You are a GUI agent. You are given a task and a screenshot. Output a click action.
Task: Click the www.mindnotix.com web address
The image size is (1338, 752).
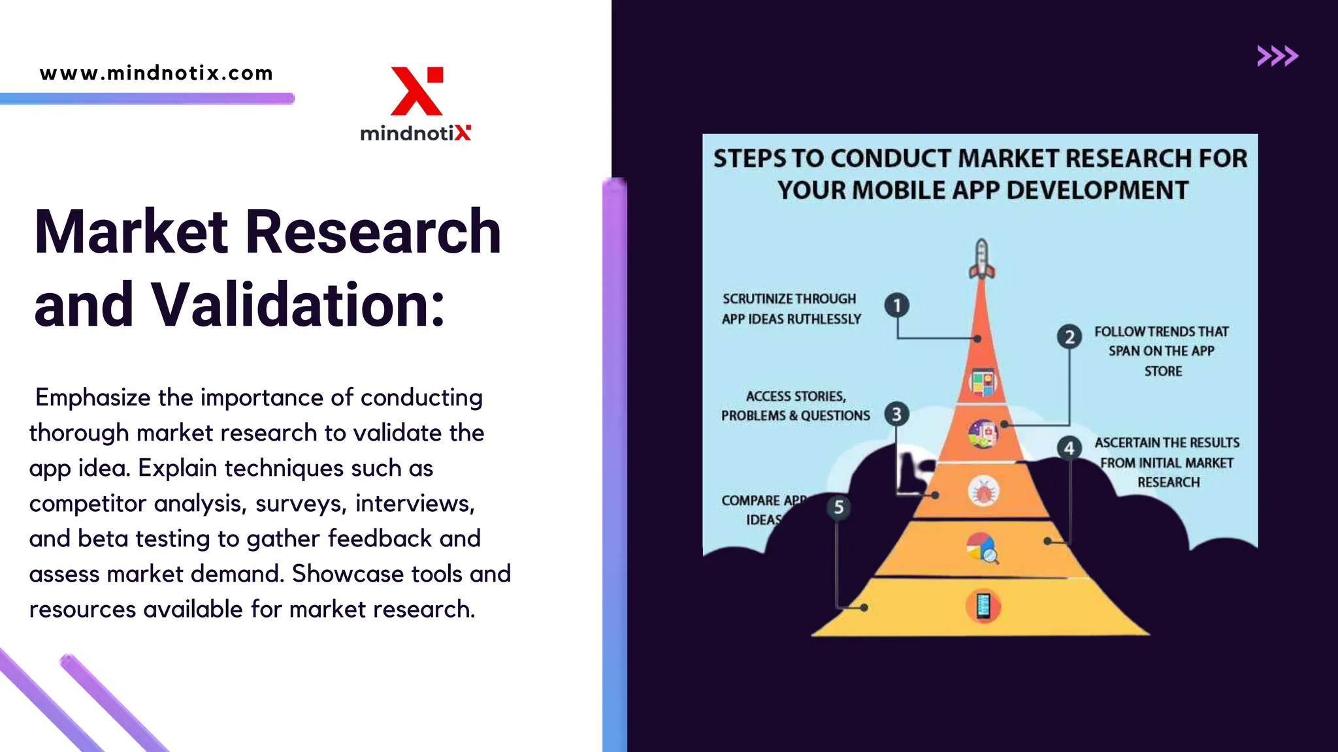pos(156,73)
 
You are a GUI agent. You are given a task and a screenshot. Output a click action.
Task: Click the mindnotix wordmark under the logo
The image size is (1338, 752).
pos(416,133)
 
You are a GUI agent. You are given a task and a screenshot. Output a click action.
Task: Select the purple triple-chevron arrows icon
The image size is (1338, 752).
pos(1277,56)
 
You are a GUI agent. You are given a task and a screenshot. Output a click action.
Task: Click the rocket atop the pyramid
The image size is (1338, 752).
pos(981,259)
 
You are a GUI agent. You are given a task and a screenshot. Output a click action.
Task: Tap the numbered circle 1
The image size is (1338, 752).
pos(897,305)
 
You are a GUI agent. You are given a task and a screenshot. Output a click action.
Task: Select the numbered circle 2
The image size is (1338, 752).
pos(1069,337)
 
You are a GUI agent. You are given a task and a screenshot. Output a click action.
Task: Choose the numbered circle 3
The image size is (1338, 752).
pos(896,414)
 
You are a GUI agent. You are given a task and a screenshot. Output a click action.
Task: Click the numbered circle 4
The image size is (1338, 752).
pos(1069,448)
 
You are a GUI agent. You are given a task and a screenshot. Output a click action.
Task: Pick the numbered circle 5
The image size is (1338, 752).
pos(839,507)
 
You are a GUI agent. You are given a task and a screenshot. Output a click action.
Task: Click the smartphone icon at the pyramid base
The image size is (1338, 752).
pos(983,606)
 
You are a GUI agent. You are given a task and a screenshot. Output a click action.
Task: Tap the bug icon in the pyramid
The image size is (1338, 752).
pos(983,491)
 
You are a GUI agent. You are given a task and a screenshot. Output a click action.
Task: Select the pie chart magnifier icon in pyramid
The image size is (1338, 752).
pos(983,548)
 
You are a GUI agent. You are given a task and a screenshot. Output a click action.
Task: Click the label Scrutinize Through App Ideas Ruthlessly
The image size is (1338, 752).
pos(791,309)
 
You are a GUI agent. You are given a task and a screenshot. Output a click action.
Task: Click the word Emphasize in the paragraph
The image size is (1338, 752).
pos(93,398)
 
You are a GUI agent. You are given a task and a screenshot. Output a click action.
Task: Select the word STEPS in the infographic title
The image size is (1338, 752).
pos(749,159)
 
